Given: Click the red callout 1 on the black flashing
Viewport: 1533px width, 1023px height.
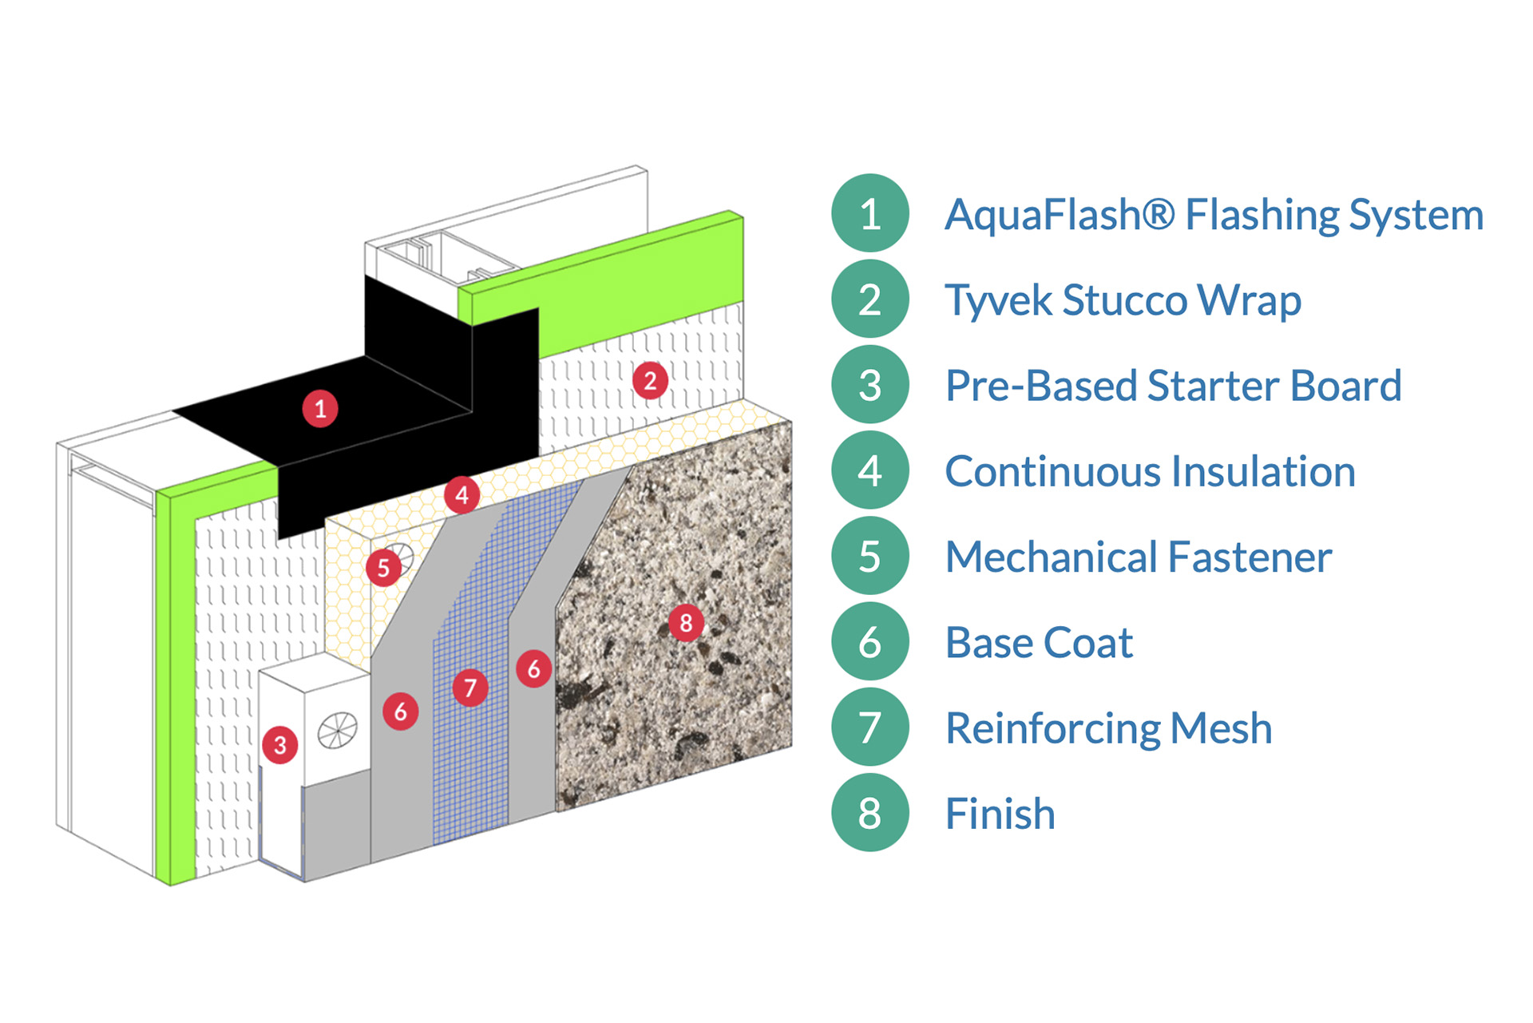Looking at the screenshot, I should coord(320,409).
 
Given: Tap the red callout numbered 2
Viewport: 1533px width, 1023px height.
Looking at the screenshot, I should coord(650,381).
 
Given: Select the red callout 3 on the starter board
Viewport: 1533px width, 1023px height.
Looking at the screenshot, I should coord(280,745).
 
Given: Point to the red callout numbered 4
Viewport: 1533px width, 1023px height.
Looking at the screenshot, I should coord(462,495).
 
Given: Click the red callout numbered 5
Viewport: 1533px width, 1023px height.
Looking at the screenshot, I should coord(384,568).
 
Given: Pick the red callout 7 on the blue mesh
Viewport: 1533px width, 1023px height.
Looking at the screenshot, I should coord(470,687).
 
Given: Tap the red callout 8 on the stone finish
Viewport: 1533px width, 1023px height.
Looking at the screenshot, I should coord(686,622).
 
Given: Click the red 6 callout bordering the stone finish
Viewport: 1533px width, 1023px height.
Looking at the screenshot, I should coord(533,668).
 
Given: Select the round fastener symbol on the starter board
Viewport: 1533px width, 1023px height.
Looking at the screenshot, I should coord(338,731).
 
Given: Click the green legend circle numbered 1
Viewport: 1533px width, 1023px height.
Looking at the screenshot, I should coord(870,213).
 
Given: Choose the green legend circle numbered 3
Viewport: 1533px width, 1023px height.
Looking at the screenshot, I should coord(870,385).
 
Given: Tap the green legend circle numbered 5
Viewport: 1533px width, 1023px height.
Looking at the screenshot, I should coord(870,556).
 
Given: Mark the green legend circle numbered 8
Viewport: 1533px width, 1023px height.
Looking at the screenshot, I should coord(870,813).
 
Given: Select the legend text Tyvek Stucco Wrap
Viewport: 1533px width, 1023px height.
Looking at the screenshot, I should coord(1123,300).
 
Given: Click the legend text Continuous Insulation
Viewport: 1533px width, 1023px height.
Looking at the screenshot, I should coord(1150,471).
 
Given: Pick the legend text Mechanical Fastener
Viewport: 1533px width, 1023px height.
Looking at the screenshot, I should coord(1139,557).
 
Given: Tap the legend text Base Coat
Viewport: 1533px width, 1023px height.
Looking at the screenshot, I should coord(1039,642).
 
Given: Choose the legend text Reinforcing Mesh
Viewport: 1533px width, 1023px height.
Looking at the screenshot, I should coord(1108,728).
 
